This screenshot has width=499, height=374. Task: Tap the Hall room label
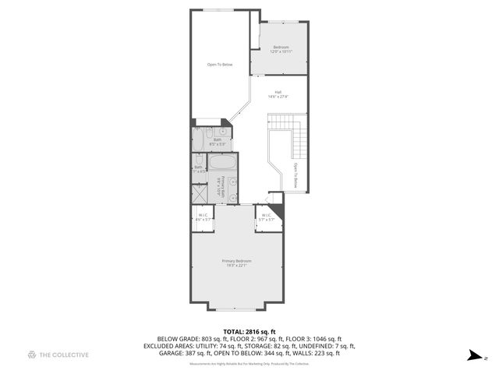pyautogui.click(x=278, y=94)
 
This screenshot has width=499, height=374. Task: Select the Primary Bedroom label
pyautogui.click(x=236, y=263)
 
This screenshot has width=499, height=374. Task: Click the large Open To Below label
pyautogui.click(x=220, y=65)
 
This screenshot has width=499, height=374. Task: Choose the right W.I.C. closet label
pyautogui.click(x=266, y=217)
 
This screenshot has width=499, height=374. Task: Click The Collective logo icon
pyautogui.click(x=32, y=355)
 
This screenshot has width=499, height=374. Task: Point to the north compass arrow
pyautogui.click(x=472, y=356)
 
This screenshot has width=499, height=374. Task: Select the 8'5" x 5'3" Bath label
pyautogui.click(x=217, y=142)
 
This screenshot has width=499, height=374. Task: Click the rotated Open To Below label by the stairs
pyautogui.click(x=296, y=175)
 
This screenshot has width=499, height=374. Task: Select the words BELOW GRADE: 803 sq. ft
pyautogui.click(x=186, y=339)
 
